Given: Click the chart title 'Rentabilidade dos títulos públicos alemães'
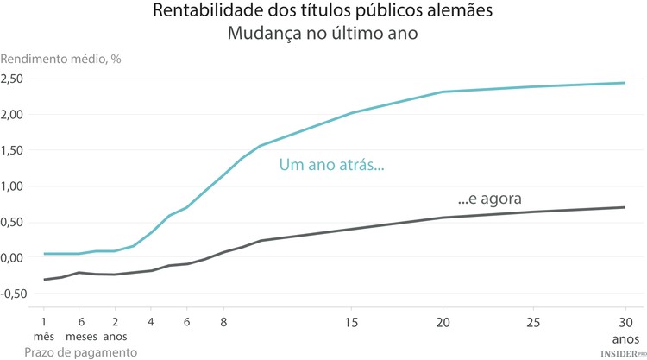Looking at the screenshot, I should pos(323,11).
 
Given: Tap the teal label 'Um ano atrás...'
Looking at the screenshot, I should pos(331,166).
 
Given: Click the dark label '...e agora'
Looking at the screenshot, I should pos(489,198).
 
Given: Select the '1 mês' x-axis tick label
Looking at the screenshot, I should pos(43,328).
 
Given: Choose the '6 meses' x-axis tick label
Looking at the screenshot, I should pos(80,328).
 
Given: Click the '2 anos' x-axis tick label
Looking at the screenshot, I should pos(115,328).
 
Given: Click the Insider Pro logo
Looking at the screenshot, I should pos(623,353).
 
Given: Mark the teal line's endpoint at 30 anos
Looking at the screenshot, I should pos(624,83).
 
